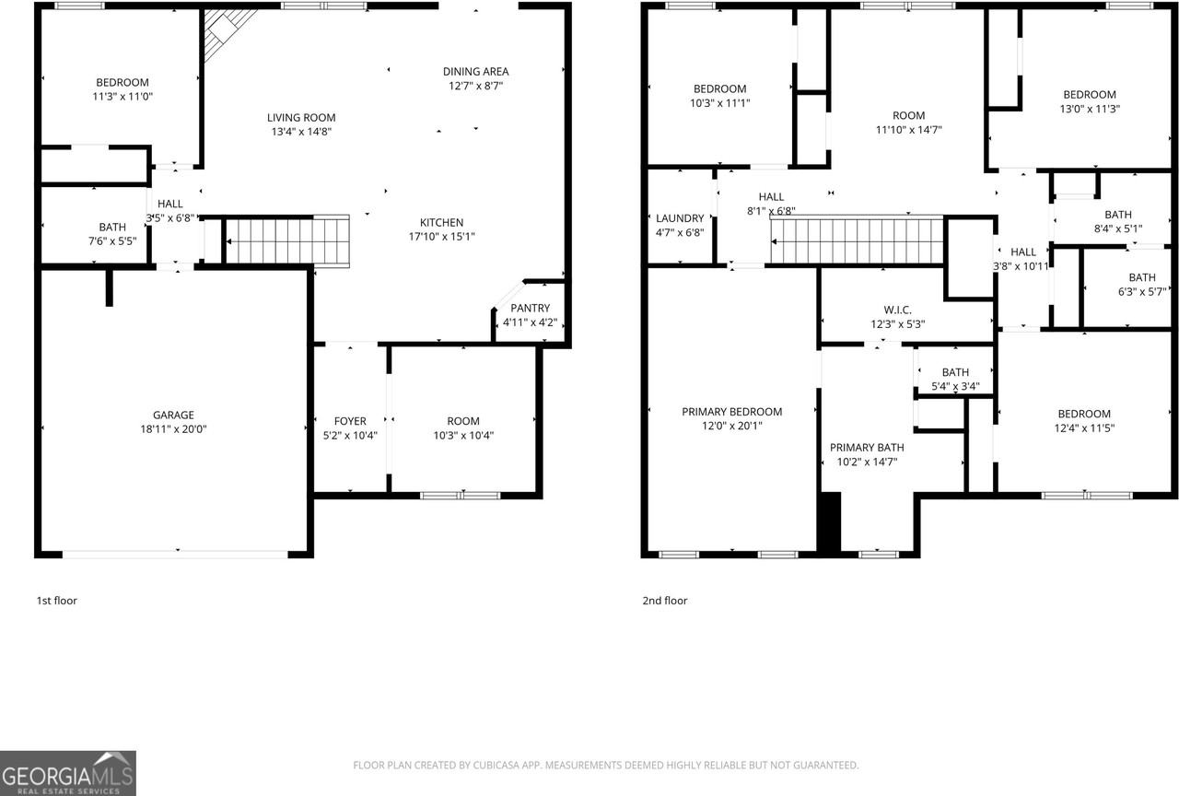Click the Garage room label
click(x=173, y=415)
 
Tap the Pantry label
click(x=530, y=309)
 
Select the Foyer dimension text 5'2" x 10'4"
click(x=350, y=435)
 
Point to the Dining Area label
click(x=475, y=72)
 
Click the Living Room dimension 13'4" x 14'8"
click(x=301, y=132)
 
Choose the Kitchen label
click(x=441, y=223)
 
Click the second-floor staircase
click(x=857, y=241)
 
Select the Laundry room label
click(x=680, y=218)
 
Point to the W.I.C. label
click(x=897, y=310)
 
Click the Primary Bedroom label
click(x=731, y=412)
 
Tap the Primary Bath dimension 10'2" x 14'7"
click(x=866, y=462)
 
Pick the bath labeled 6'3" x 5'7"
click(x=1141, y=285)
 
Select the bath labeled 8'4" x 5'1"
click(x=1117, y=222)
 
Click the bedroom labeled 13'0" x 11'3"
click(x=1090, y=101)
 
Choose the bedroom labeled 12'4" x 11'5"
click(x=1083, y=421)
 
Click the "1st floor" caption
click(x=57, y=601)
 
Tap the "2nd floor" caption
click(x=665, y=601)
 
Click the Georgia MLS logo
click(x=68, y=773)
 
